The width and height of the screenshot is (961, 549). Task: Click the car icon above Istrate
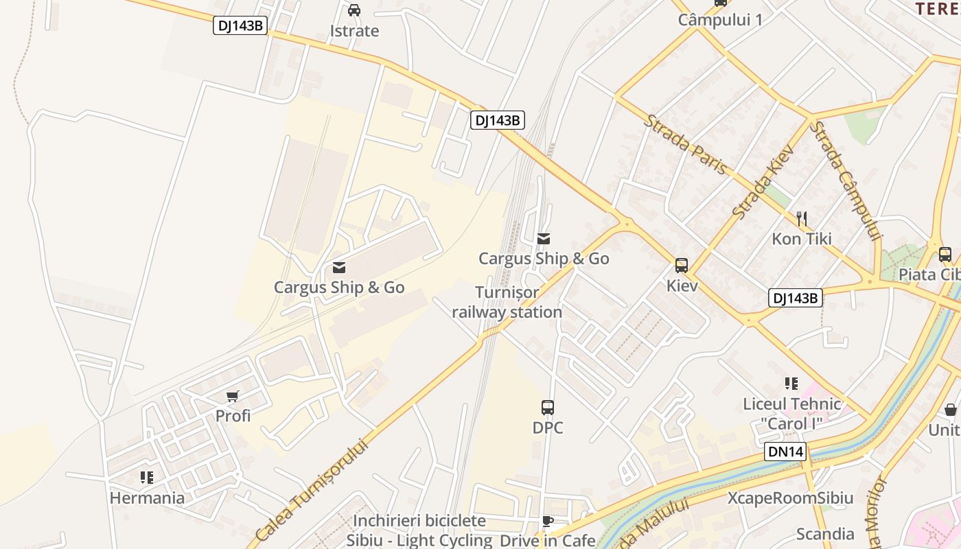pos(354,10)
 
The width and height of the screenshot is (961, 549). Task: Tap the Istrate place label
pos(354,31)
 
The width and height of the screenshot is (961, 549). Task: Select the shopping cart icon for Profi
pos(233,396)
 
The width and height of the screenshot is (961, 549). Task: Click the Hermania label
pos(147,498)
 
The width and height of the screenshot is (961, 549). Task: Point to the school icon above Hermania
pos(146,477)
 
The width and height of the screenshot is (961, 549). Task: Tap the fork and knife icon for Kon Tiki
pos(801,219)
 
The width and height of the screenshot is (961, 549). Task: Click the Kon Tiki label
pos(801,239)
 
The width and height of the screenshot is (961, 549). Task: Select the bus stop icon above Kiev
pos(682,266)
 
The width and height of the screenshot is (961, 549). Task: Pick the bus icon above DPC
pos(548,408)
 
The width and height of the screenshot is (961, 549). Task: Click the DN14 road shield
pos(785,451)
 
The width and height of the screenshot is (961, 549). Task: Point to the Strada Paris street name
pos(684,145)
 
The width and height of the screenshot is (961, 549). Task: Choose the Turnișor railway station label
pos(507,302)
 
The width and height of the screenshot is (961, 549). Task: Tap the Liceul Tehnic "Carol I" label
pos(791,413)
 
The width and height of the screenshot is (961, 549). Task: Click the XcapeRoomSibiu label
pos(790,498)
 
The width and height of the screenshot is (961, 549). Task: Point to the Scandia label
pos(825,533)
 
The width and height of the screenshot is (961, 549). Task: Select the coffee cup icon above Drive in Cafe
pos(547,522)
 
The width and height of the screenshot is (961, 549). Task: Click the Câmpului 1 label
pos(720,20)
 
